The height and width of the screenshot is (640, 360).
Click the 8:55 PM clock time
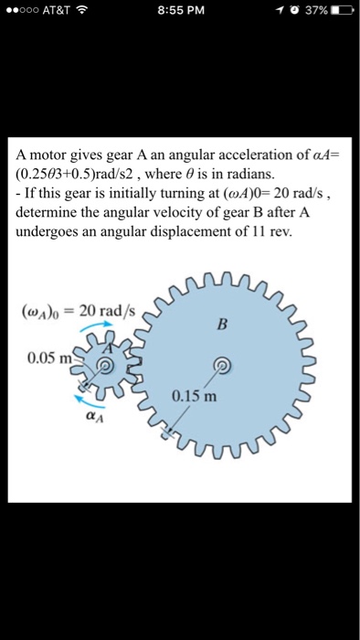(179, 11)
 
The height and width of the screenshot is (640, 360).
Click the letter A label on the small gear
(108, 348)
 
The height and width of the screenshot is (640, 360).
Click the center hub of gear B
(219, 366)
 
